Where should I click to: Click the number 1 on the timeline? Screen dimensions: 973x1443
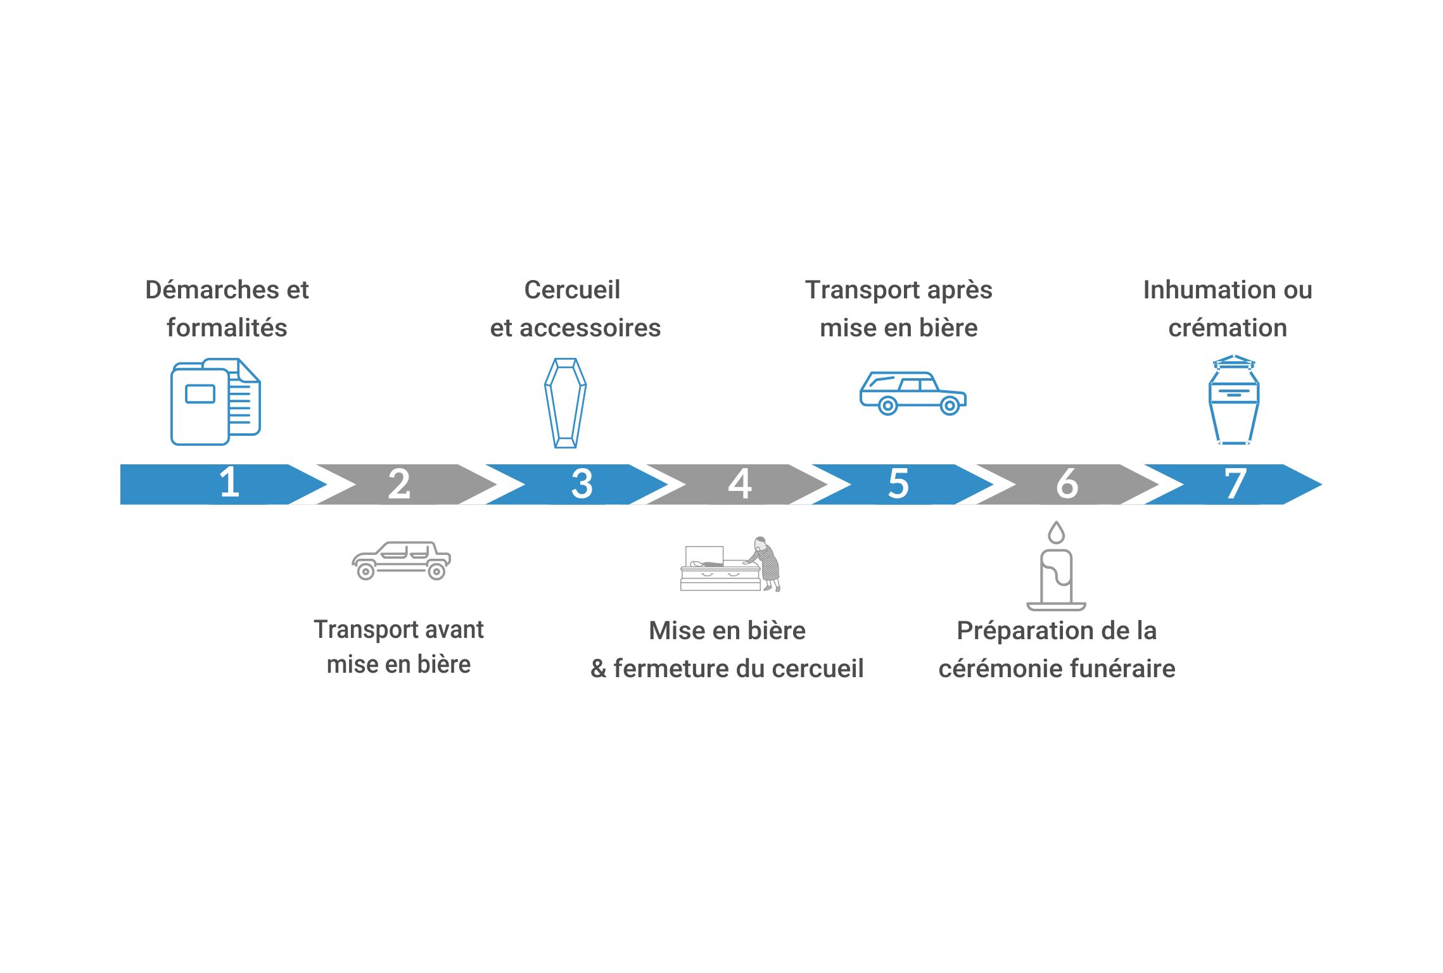[229, 483]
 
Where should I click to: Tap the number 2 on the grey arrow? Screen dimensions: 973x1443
[399, 485]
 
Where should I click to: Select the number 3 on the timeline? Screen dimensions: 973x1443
[582, 484]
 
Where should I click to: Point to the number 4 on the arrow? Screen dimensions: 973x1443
[740, 484]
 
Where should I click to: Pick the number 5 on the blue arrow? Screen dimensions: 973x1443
[898, 484]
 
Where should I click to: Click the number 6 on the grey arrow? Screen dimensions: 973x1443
[1067, 484]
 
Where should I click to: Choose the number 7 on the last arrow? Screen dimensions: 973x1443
[1235, 484]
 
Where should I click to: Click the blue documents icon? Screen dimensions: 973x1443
[215, 402]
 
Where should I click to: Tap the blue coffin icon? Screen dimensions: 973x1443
[565, 403]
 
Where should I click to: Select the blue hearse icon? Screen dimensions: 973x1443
[912, 393]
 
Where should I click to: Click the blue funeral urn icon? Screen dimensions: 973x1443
[1234, 400]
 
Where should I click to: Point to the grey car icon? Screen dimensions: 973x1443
[401, 561]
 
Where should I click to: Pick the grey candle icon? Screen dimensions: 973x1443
[1056, 578]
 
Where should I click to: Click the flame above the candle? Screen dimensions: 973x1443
[1056, 533]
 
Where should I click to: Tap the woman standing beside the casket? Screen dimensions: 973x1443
[767, 563]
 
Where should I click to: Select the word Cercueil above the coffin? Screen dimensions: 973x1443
[572, 290]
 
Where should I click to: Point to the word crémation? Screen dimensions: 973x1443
[1228, 328]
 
